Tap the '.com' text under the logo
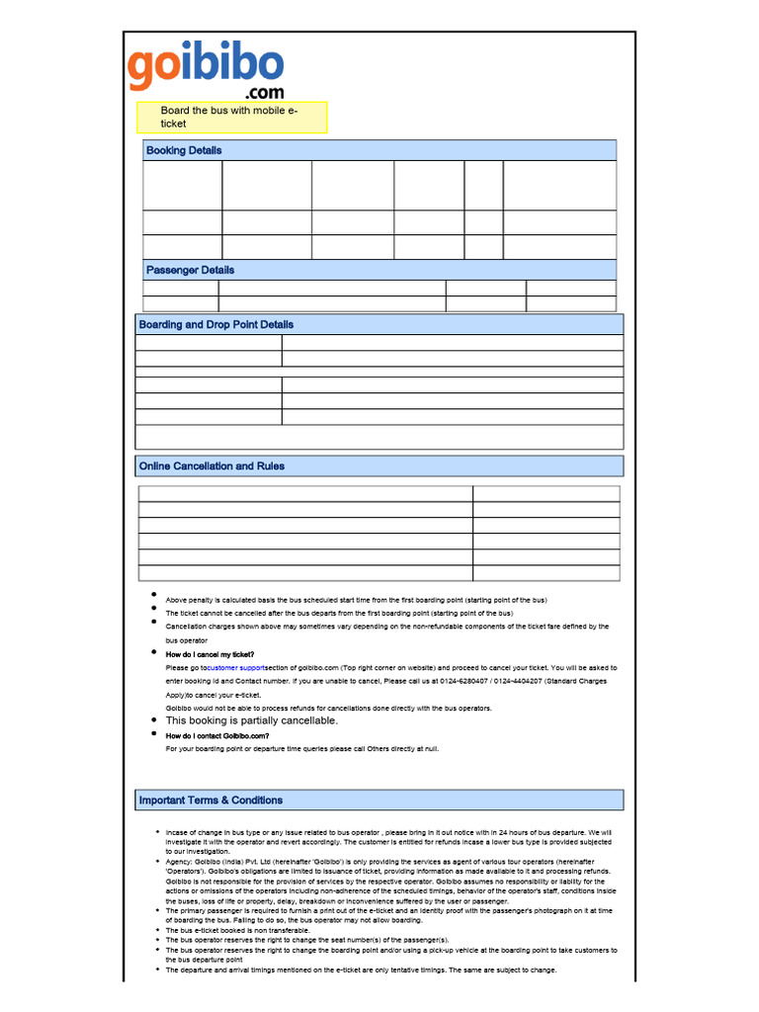tap(258, 93)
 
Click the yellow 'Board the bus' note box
tap(231, 117)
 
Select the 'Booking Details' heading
tap(184, 150)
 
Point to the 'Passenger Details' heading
tap(190, 270)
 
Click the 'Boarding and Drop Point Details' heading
tap(216, 324)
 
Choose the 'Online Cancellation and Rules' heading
tap(211, 465)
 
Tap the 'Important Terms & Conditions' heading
tap(211, 800)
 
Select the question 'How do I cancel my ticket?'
tap(210, 654)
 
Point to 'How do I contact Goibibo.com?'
tap(216, 735)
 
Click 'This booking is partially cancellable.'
tap(251, 720)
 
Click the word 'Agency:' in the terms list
tap(179, 861)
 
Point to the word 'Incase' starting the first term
tap(178, 832)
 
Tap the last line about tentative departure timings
tap(361, 970)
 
